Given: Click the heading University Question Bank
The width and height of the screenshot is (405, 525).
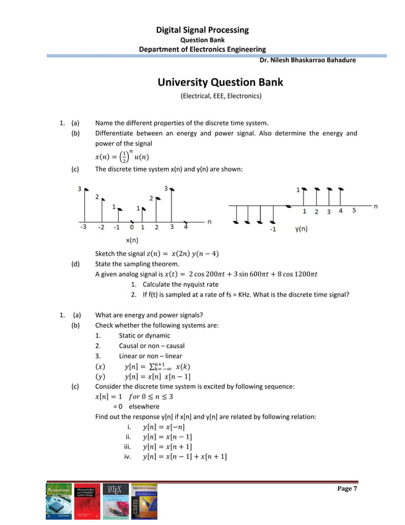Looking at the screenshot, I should coord(220,83).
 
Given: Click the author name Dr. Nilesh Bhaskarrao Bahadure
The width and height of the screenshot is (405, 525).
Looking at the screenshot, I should coord(308,60).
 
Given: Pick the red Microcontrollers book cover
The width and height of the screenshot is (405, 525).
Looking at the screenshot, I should coord(88,502).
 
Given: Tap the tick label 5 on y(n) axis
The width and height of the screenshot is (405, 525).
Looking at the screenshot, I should coord(354,210).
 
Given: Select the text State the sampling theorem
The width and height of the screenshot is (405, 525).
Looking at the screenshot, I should coord(136,264).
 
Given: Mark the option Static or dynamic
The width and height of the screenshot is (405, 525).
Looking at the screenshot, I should coord(144,336).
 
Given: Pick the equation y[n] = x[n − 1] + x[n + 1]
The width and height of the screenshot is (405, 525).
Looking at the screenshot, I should coord(185,456).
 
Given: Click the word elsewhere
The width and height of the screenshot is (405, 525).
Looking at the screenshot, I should coord(144,406).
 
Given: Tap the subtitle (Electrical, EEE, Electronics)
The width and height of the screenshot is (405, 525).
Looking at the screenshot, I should coord(220,97).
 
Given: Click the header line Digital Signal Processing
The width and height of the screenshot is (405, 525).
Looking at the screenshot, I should coord(202,30).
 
